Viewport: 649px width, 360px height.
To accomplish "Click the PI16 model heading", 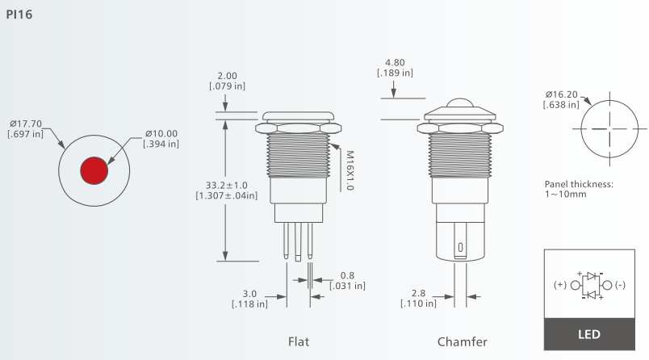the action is [19, 15].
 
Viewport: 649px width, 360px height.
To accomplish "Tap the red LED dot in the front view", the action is [94, 170].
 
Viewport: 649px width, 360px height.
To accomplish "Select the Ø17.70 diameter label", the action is [26, 123].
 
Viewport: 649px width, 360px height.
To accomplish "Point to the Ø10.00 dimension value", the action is [161, 134].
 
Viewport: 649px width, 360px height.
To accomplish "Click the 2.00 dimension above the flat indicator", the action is [228, 76].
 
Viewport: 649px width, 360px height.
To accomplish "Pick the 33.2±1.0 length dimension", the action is [227, 186].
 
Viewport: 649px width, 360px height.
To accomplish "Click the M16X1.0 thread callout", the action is [350, 170].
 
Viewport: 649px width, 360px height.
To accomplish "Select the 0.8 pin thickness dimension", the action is [347, 275].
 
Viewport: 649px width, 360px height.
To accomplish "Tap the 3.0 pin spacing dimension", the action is [249, 294].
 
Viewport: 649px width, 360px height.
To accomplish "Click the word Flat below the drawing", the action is [299, 341].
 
